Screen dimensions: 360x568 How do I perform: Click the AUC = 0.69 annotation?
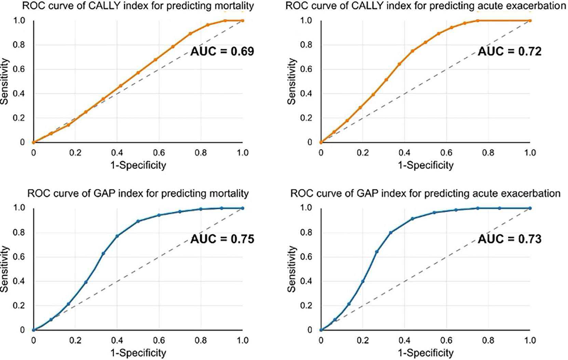click(222, 52)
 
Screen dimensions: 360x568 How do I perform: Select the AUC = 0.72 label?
click(510, 52)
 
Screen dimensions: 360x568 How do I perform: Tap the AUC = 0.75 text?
click(222, 239)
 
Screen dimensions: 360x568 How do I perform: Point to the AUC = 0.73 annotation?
click(510, 239)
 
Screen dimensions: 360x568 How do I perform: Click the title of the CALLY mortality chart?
click(138, 6)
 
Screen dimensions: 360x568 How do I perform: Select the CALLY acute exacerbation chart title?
click(425, 6)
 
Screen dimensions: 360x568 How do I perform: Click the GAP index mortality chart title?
click(138, 194)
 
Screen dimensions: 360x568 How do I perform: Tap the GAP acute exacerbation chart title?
click(425, 194)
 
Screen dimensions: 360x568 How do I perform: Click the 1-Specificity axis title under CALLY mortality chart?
click(138, 165)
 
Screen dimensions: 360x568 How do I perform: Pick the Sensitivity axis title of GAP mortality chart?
click(4, 269)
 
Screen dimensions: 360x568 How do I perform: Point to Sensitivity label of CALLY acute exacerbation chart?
click(292, 81)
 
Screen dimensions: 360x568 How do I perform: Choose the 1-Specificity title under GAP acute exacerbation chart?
click(425, 353)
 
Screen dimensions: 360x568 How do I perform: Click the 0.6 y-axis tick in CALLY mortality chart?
click(19, 69)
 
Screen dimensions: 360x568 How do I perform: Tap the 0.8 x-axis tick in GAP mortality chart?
click(201, 341)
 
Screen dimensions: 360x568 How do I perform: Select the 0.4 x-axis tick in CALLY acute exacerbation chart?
click(405, 153)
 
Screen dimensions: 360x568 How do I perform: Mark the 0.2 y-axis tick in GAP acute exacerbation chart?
click(306, 306)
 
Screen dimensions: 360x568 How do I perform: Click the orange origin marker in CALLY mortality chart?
click(33, 142)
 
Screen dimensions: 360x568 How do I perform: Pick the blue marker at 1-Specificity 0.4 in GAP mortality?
click(117, 236)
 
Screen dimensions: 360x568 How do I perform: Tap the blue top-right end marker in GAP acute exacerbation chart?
click(530, 208)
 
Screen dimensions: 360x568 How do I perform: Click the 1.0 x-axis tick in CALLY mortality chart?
click(243, 153)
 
